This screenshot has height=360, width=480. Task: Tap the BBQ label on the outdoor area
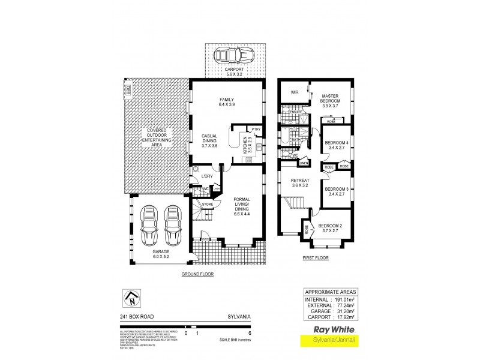click(128, 90)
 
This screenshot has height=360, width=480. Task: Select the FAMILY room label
click(226, 103)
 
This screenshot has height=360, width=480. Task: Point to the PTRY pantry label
click(256, 129)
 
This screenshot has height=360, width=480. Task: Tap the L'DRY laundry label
click(207, 176)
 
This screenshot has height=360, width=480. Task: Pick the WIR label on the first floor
click(295, 92)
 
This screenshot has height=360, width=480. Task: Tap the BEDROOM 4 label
click(337, 146)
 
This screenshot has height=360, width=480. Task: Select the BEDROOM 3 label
click(337, 192)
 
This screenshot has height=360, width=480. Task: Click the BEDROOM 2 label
click(331, 229)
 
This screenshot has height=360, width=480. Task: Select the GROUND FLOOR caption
click(197, 274)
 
